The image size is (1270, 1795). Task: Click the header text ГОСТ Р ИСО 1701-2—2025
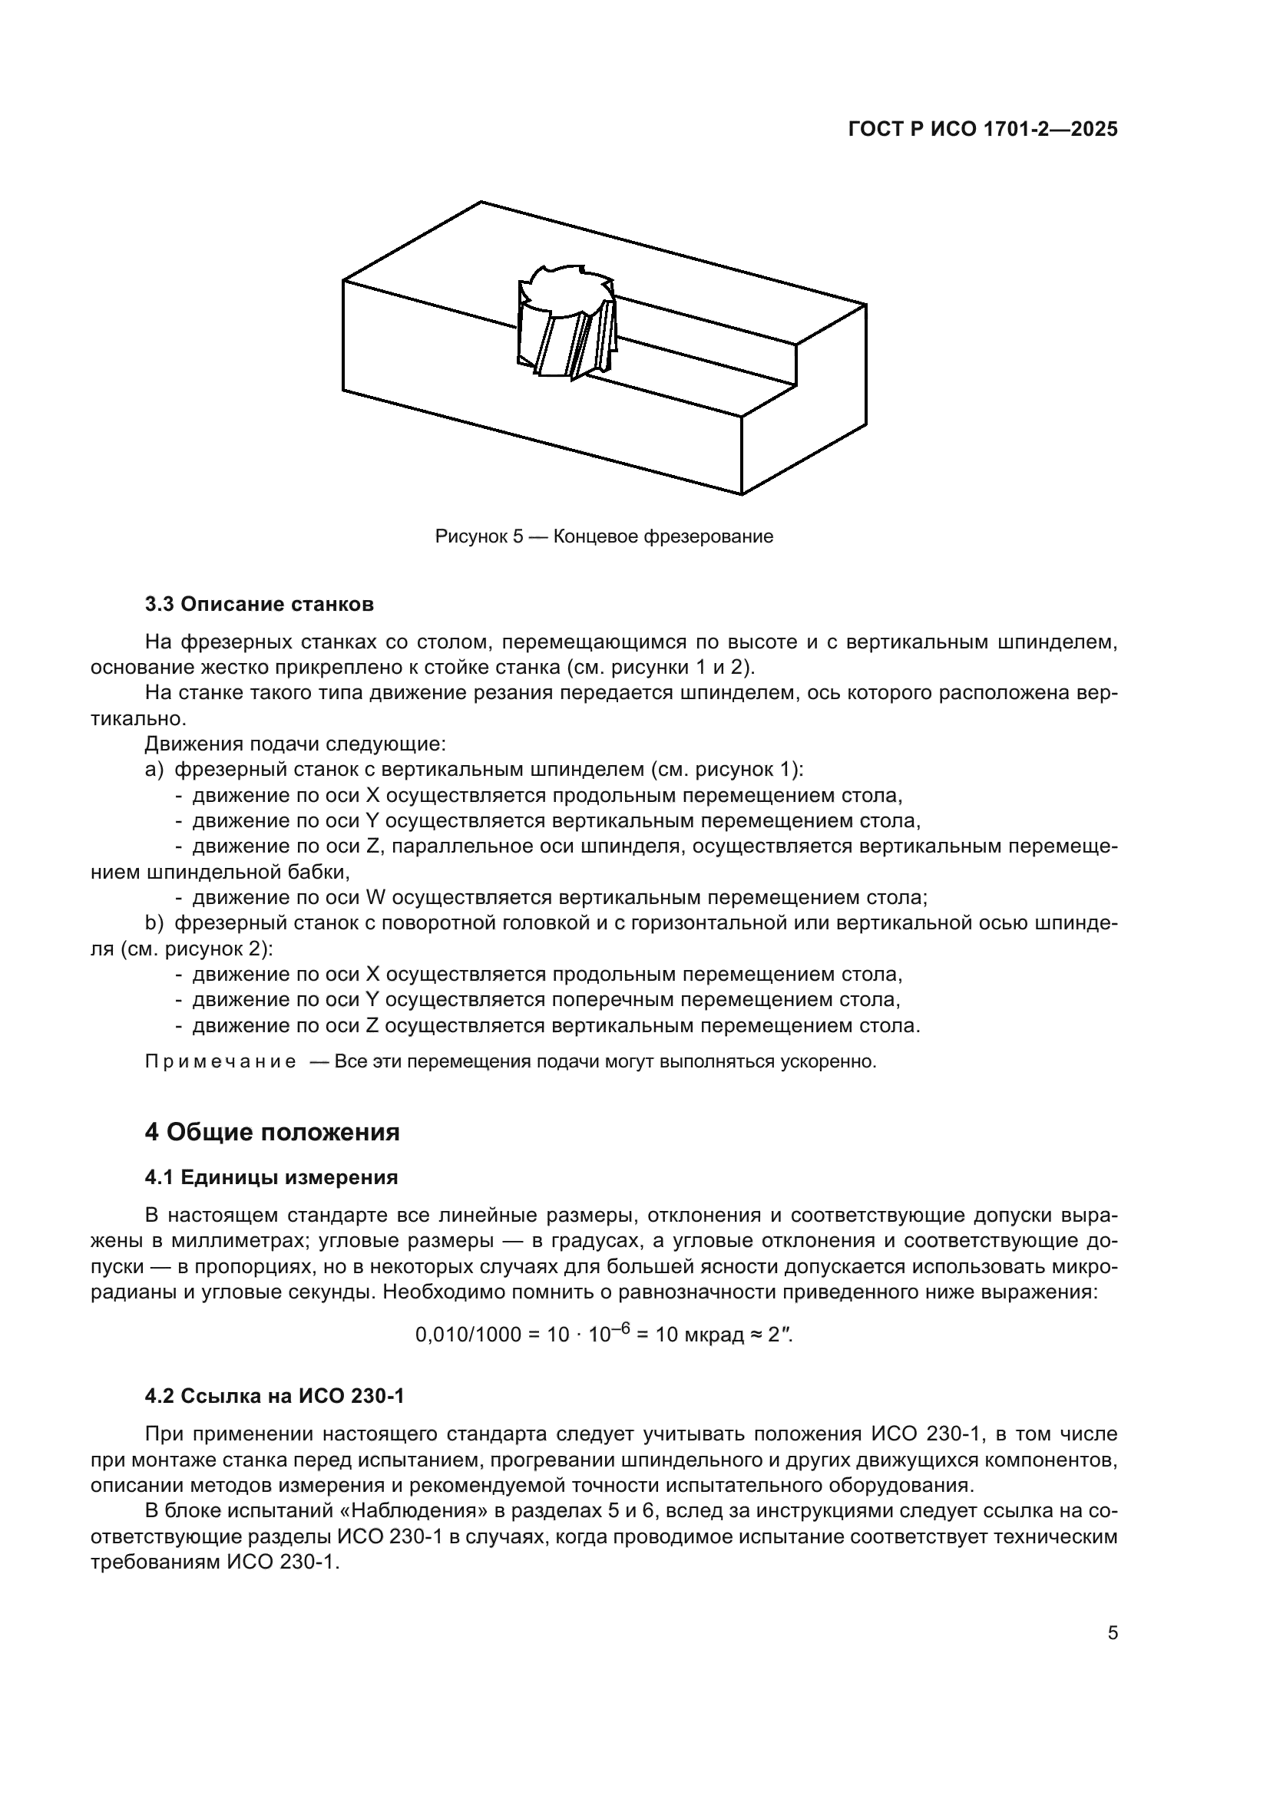pyautogui.click(x=982, y=130)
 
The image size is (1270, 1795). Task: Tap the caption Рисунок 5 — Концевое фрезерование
pyautogui.click(x=604, y=536)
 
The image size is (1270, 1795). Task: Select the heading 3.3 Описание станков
pyautogui.click(x=259, y=604)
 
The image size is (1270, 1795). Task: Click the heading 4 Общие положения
pyautogui.click(x=272, y=1131)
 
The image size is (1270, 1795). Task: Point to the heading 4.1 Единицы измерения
pyautogui.click(x=271, y=1177)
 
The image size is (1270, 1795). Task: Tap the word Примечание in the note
pyautogui.click(x=220, y=1061)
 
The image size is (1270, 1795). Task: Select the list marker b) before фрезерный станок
pyautogui.click(x=154, y=923)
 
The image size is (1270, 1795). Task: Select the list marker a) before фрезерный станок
pyautogui.click(x=154, y=769)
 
